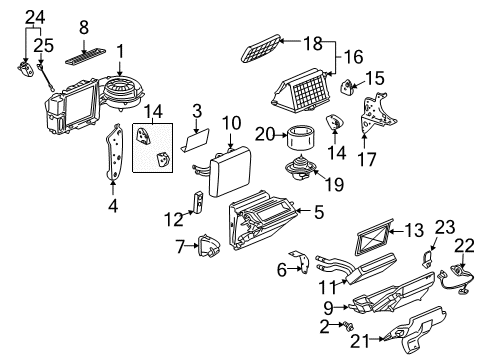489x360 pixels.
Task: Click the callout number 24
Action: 35,16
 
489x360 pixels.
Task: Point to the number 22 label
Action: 465,245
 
